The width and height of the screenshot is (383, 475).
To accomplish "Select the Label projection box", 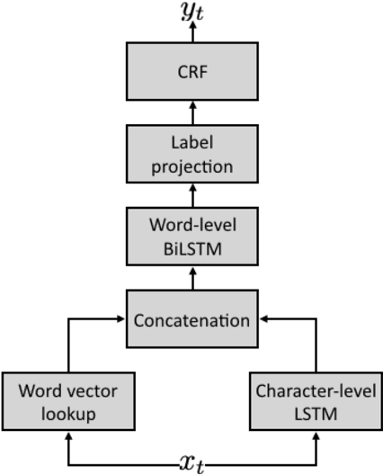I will (x=191, y=155).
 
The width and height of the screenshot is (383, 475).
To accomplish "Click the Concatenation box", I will (x=191, y=318).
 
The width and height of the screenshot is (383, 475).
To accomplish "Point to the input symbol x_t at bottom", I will (x=191, y=462).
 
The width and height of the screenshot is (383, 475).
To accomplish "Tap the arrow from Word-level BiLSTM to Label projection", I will (x=191, y=195).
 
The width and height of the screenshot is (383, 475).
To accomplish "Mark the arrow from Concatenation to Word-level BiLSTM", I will (x=191, y=277).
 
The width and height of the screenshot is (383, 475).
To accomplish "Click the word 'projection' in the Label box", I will (x=191, y=166).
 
